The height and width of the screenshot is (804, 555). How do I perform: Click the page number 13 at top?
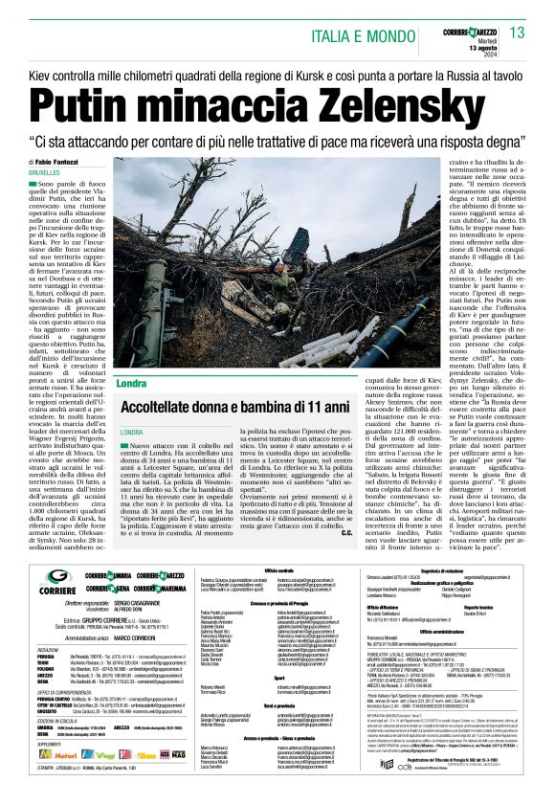pyautogui.click(x=518, y=33)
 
